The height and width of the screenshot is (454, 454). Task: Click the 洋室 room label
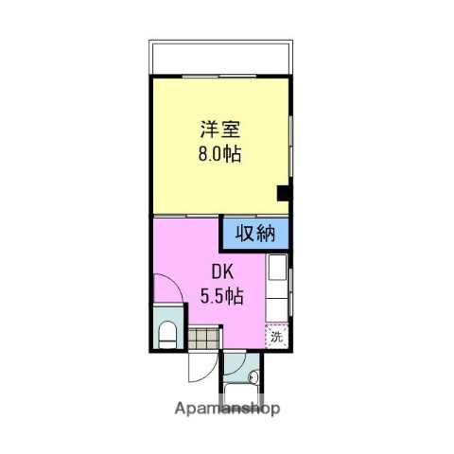(x=219, y=128)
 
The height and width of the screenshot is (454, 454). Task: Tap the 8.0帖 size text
(x=219, y=152)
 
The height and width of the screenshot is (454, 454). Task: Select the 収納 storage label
(x=256, y=233)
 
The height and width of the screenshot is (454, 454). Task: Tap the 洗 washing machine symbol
(x=276, y=336)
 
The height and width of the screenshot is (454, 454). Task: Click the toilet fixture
(x=167, y=332)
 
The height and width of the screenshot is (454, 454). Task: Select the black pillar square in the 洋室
(x=282, y=194)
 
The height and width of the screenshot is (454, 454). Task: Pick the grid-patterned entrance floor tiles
(x=201, y=336)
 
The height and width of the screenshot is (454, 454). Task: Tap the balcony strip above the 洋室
(x=218, y=58)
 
